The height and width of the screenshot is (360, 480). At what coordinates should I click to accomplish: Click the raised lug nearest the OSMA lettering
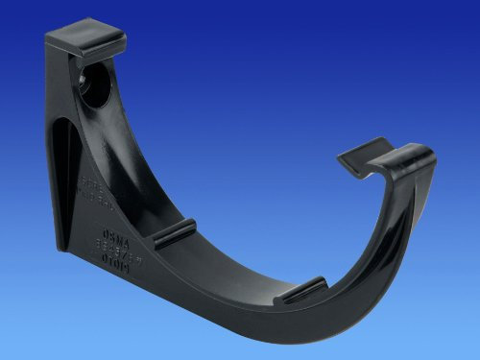[174, 233]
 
